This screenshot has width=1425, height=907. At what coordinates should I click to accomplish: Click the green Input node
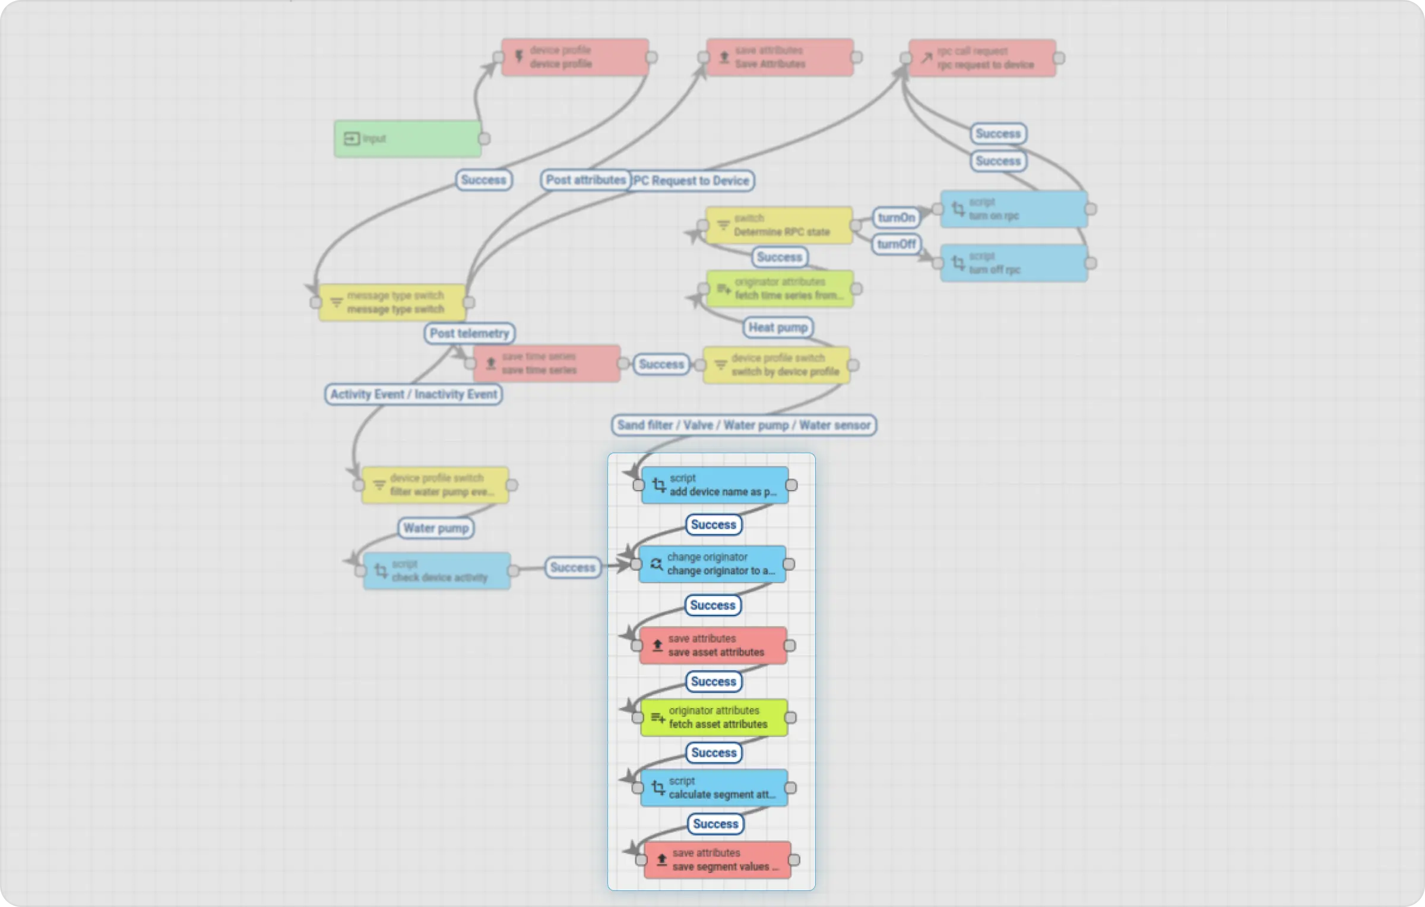point(407,139)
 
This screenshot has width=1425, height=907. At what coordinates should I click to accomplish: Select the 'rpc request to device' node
point(982,58)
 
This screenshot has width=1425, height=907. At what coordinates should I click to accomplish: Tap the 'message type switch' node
point(392,302)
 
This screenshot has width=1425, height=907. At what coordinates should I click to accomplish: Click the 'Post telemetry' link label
point(469,333)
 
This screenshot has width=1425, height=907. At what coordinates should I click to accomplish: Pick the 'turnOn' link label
point(896,217)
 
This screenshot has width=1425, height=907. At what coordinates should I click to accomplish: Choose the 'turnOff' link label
point(896,244)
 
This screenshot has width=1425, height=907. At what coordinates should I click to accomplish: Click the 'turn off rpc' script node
point(1014,263)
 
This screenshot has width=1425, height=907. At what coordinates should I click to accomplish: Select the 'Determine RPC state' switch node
point(778,225)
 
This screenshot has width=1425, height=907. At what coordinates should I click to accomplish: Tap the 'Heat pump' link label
point(778,327)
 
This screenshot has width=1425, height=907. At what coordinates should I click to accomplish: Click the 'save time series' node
point(546,364)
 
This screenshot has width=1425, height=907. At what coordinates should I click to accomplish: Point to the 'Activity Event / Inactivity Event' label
point(413,394)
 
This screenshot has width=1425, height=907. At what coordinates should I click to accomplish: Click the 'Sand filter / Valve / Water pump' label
point(743,425)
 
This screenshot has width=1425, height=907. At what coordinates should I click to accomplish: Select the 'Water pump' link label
point(436,528)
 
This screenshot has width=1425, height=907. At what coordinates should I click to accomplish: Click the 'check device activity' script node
point(436,571)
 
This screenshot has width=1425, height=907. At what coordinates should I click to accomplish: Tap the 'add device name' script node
point(715,485)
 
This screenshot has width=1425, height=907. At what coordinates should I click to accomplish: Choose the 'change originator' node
point(712,564)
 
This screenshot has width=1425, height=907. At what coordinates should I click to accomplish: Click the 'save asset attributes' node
point(712,646)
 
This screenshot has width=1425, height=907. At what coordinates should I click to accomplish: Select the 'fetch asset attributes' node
point(714,718)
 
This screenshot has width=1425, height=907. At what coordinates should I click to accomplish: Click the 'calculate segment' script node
point(714,788)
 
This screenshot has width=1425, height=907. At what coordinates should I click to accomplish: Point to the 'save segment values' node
point(717,860)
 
